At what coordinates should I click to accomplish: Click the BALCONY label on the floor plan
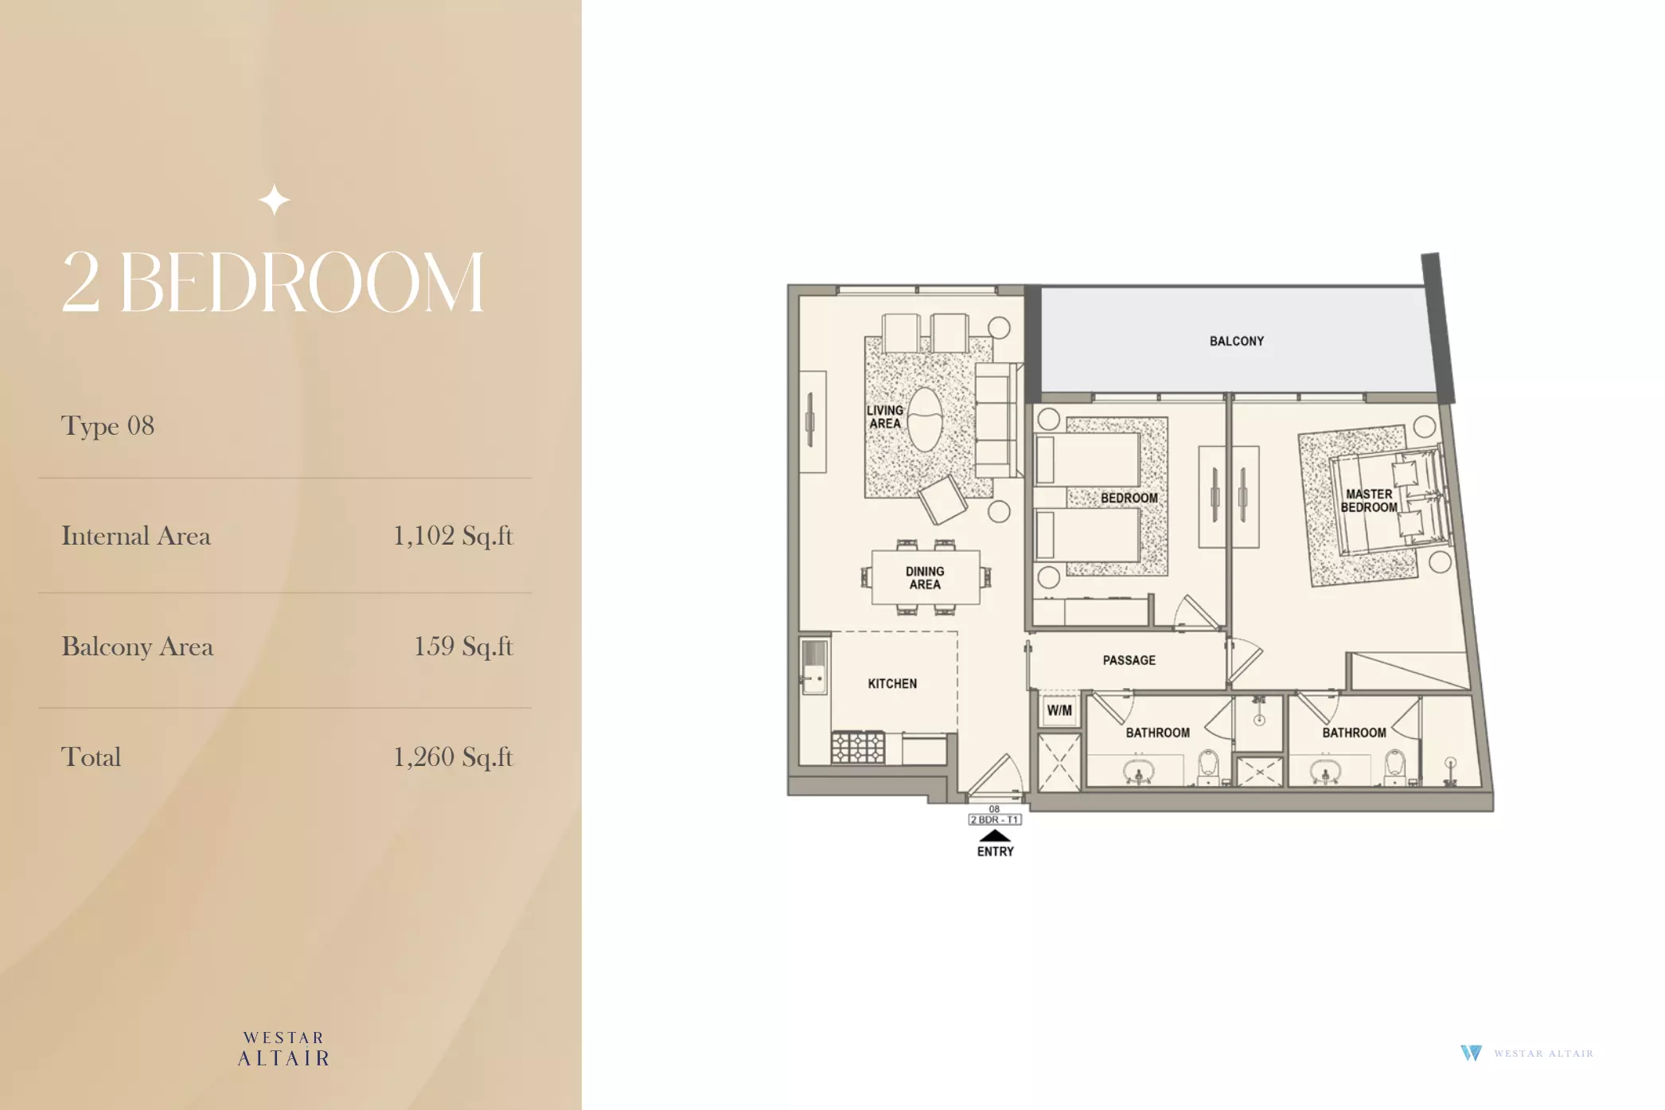1236,341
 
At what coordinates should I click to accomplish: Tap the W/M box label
1059,710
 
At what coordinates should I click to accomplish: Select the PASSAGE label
1129,660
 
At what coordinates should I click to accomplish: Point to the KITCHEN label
892,683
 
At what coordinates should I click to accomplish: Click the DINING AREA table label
925,578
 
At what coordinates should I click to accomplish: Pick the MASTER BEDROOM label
1369,501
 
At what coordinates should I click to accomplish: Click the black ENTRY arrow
995,835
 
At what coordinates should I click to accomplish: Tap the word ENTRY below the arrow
995,851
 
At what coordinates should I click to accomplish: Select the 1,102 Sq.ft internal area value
453,536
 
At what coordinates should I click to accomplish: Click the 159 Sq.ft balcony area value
463,647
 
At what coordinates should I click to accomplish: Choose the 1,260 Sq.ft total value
453,757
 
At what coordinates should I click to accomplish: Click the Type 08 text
107,427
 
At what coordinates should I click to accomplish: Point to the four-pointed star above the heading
275,200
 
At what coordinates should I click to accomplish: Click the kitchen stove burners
857,748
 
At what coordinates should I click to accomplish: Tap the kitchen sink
813,666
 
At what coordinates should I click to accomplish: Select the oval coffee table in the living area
924,419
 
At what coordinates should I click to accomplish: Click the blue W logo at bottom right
1471,1053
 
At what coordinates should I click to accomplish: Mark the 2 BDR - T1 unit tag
995,819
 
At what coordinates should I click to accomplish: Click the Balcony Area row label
138,647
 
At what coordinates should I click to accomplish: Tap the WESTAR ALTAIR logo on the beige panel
284,1049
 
